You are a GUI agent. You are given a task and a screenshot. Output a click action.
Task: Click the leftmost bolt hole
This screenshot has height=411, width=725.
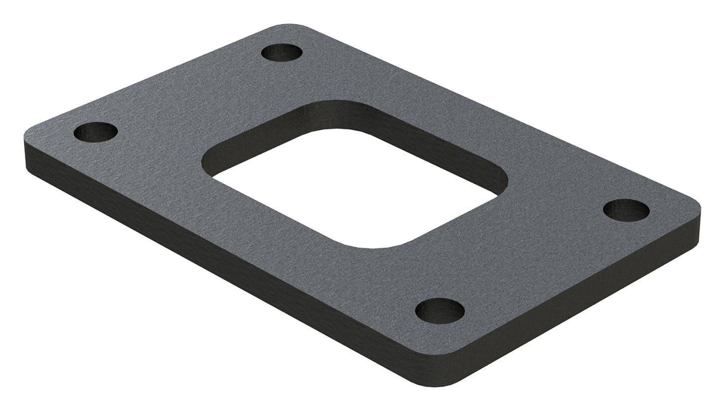pos(96,132)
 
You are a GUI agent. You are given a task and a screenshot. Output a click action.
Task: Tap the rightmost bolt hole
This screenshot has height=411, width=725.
pos(626,210)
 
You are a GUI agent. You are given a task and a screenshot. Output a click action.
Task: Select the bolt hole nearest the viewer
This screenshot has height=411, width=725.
pos(439,311)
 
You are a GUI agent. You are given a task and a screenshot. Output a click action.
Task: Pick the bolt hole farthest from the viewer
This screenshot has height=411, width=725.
pos(282,52)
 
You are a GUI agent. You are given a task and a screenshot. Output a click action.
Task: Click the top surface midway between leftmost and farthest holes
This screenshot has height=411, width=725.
pos(188,92)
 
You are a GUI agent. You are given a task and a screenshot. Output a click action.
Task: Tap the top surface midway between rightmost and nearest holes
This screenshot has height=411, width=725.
pos(533,260)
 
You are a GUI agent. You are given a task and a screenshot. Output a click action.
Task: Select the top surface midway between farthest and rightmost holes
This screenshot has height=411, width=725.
pos(453,131)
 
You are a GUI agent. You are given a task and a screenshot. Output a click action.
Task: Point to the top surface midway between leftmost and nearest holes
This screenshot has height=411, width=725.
pos(268,222)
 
